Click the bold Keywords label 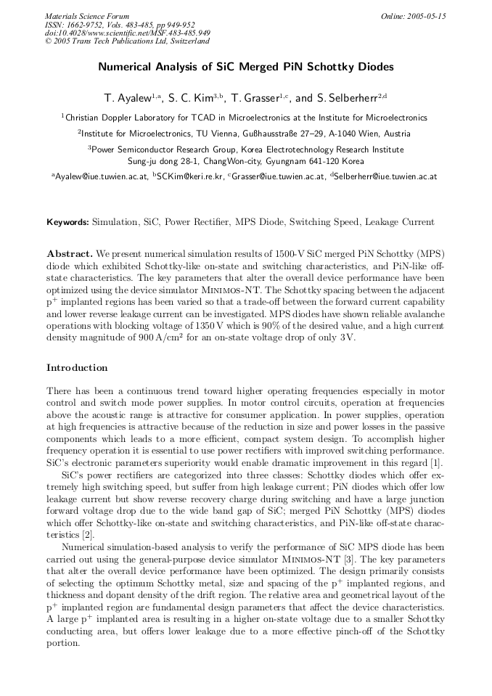(x=68, y=221)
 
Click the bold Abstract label (x=70, y=253)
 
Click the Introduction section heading (x=77, y=368)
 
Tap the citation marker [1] (x=436, y=463)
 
